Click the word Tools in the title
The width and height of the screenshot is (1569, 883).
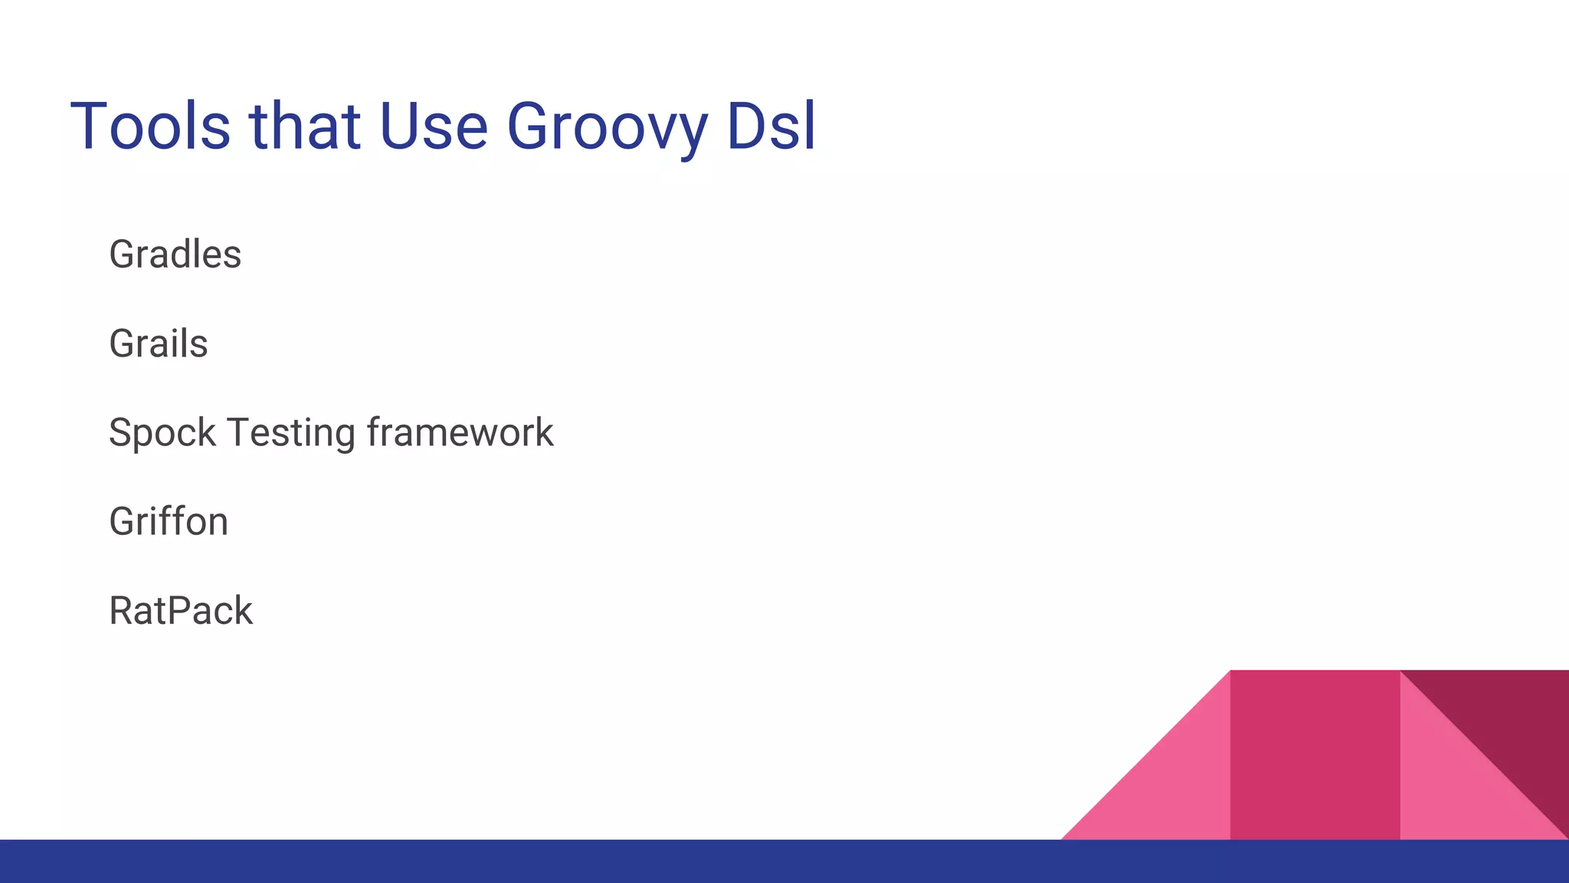(150, 126)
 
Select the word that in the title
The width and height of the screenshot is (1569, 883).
(304, 126)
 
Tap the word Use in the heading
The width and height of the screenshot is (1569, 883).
(433, 126)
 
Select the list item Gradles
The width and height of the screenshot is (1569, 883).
(175, 254)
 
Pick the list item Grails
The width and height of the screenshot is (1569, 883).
(158, 343)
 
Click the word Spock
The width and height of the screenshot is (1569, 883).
(162, 433)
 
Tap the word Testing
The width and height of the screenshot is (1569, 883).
(291, 433)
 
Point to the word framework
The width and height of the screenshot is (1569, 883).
(460, 433)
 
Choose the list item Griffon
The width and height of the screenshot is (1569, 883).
(169, 522)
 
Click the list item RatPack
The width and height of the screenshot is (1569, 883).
(181, 611)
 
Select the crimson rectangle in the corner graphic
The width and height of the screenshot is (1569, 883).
(1315, 755)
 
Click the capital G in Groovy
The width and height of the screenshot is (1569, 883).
(530, 126)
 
